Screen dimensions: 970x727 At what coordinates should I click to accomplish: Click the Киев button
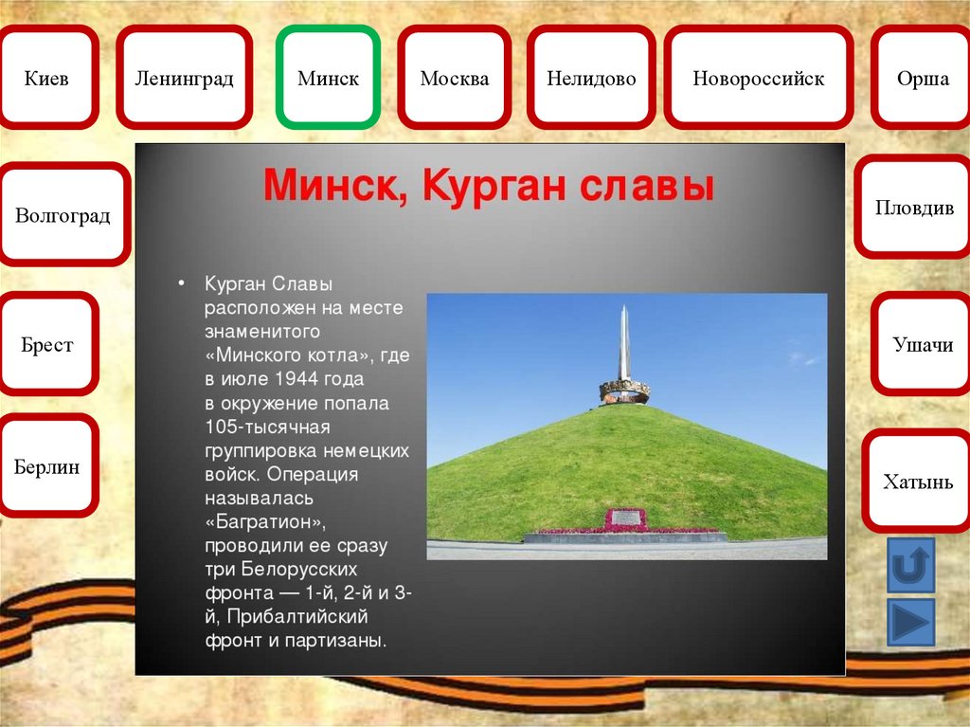click(x=47, y=78)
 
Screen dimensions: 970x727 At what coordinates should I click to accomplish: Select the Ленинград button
click(x=185, y=78)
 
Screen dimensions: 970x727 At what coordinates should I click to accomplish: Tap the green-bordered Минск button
click(x=328, y=78)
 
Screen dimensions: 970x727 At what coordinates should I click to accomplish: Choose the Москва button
click(x=455, y=78)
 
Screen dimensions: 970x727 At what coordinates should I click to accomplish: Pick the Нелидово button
click(x=591, y=78)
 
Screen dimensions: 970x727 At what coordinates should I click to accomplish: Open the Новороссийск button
click(x=759, y=78)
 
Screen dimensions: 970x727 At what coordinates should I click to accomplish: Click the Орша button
click(x=922, y=78)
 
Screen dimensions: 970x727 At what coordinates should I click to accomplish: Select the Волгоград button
click(x=63, y=214)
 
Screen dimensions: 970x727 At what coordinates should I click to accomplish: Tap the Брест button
click(x=47, y=344)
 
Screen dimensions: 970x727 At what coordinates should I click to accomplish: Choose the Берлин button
click(x=47, y=465)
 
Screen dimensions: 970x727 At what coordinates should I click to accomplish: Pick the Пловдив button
click(x=913, y=207)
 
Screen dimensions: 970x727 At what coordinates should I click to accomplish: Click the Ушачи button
click(x=921, y=344)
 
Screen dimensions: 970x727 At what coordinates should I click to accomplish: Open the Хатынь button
click(x=917, y=482)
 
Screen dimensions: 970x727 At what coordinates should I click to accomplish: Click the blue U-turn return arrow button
click(x=910, y=565)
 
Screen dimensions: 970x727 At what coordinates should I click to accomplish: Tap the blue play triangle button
click(x=910, y=622)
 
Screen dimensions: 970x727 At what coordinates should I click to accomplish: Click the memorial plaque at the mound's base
click(x=626, y=518)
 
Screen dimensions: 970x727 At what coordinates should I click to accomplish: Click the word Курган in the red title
click(x=494, y=185)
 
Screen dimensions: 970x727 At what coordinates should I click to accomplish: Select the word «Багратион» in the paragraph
click(x=265, y=522)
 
